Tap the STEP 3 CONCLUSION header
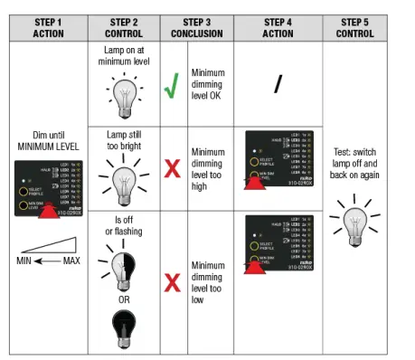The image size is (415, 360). (203, 27)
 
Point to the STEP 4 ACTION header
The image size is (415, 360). (278, 27)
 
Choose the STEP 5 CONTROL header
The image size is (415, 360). (356, 27)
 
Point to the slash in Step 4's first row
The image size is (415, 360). (278, 84)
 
